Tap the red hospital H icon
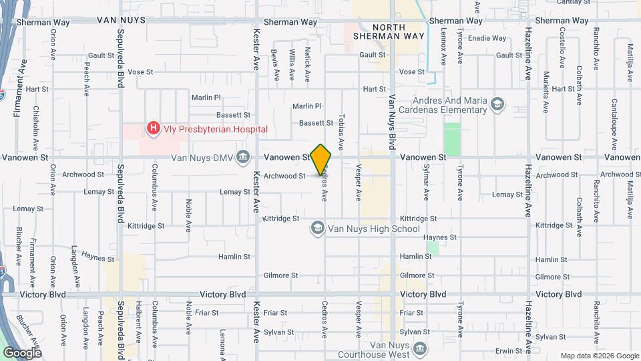[x=154, y=128]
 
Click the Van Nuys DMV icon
[x=244, y=158]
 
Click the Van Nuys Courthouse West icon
[x=419, y=348]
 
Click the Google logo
[x=22, y=352]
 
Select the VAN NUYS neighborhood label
[x=122, y=21]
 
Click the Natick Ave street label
[x=307, y=65]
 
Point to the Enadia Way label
[x=487, y=38]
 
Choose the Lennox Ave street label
[x=443, y=50]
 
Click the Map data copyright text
[x=598, y=355]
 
